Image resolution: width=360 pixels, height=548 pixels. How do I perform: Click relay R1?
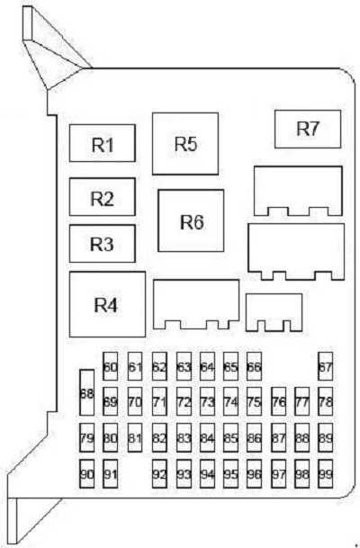tap(103, 143)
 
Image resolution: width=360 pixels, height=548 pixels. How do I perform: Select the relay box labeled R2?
tap(103, 197)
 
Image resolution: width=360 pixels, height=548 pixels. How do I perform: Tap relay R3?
tap(103, 244)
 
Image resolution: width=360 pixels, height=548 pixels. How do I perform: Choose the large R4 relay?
tap(107, 304)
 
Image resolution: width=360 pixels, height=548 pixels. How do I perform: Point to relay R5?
tap(185, 144)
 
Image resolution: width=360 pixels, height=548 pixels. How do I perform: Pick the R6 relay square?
tap(191, 220)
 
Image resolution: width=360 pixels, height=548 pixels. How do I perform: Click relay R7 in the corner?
tap(308, 129)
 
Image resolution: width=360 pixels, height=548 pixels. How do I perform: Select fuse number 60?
tap(110, 366)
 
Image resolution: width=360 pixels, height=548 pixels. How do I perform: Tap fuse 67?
tap(326, 366)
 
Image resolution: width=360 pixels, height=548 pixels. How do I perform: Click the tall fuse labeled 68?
tap(87, 392)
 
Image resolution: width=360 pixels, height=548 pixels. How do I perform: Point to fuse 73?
tap(207, 401)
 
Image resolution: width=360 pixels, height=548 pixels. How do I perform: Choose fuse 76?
tap(279, 401)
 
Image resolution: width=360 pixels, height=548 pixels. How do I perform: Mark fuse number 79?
tap(87, 438)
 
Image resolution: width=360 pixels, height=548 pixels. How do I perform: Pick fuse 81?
tap(135, 438)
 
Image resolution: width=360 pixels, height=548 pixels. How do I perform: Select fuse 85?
tap(230, 438)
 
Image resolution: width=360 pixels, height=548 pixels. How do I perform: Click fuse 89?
tap(326, 438)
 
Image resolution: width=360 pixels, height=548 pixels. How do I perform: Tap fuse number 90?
tap(87, 474)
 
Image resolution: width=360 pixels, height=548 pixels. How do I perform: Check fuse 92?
tap(159, 474)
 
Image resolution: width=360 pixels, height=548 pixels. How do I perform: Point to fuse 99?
tap(326, 474)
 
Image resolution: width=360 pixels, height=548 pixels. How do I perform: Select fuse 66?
tap(254, 366)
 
